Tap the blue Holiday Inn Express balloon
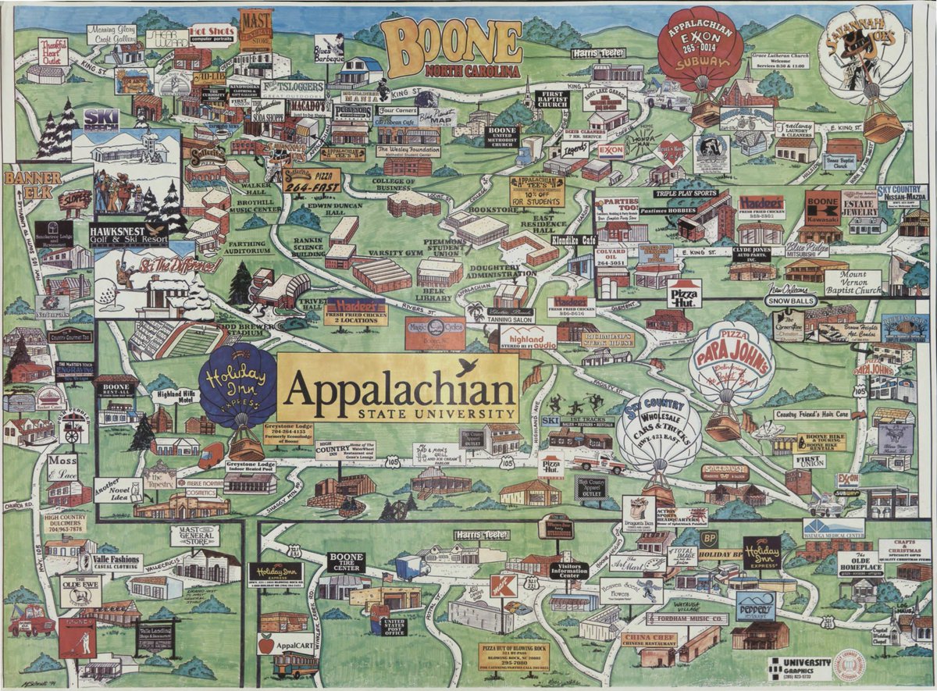237,385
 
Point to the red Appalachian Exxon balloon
700,52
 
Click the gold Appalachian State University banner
398,388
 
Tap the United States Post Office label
393,625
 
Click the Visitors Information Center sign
568,570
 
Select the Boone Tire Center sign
345,562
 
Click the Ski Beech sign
101,119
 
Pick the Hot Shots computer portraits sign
212,34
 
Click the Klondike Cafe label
573,241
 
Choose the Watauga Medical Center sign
832,529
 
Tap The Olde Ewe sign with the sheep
80,590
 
